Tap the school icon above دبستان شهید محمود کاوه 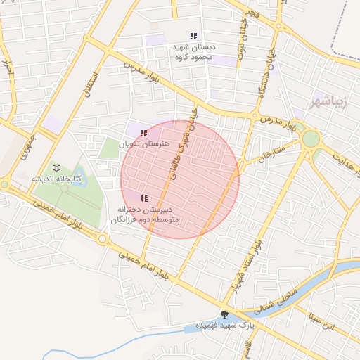coord(193,36)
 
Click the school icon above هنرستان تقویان coord(144,133)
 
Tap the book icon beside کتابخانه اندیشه coord(57,167)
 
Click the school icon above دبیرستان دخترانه coord(144,199)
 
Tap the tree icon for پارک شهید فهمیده coord(224,314)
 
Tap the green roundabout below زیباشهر coord(311,139)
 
